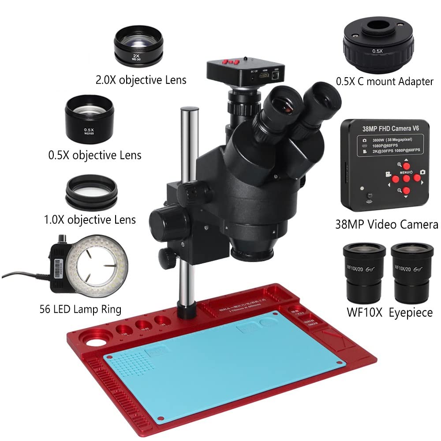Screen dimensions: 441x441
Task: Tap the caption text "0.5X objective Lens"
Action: click(95, 155)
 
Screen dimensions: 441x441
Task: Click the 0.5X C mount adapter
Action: click(378, 46)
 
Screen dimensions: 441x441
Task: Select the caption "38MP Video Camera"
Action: click(386, 224)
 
